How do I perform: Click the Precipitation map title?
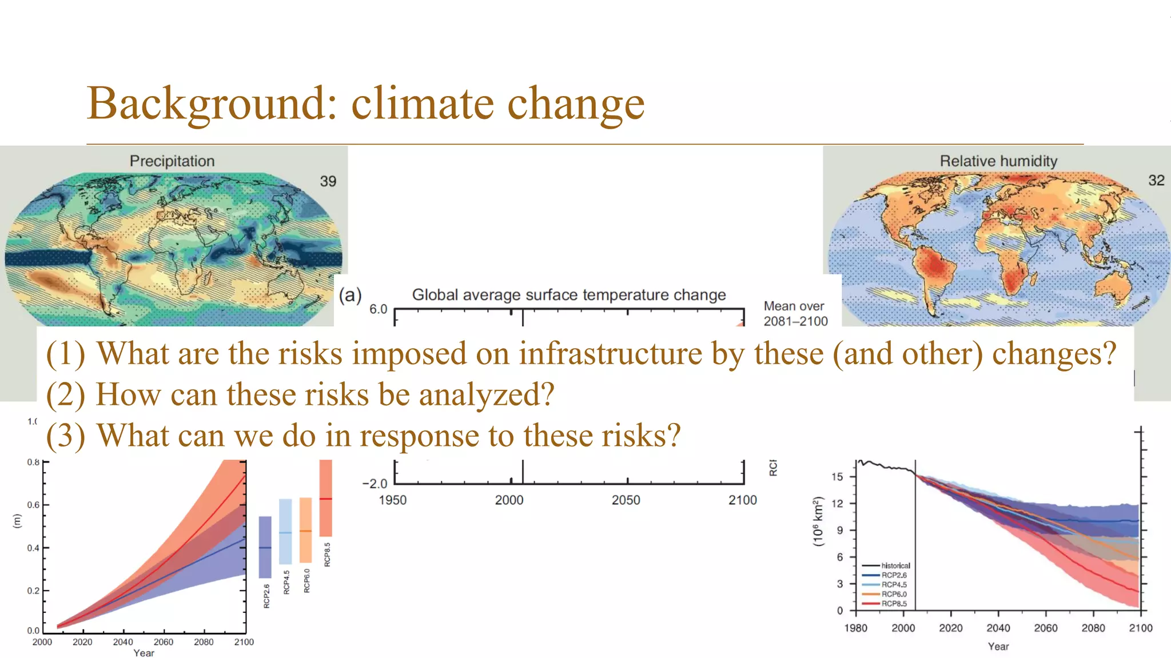tap(172, 161)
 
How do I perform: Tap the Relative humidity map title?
tap(998, 161)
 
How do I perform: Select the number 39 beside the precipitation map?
tap(328, 181)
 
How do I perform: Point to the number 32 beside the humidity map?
tap(1156, 181)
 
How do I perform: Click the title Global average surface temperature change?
tap(568, 295)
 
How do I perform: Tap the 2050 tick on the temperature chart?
tap(626, 500)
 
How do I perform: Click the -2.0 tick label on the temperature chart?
tap(375, 484)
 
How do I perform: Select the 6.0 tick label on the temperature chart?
tap(378, 309)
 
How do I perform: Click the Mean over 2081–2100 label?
tap(795, 314)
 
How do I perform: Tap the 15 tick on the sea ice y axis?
tap(837, 477)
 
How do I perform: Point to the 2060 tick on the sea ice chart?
tap(1045, 628)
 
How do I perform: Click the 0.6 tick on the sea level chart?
tap(33, 505)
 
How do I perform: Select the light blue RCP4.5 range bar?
tap(285, 531)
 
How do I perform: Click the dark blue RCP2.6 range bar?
tap(265, 547)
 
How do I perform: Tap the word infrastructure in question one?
tap(610, 354)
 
